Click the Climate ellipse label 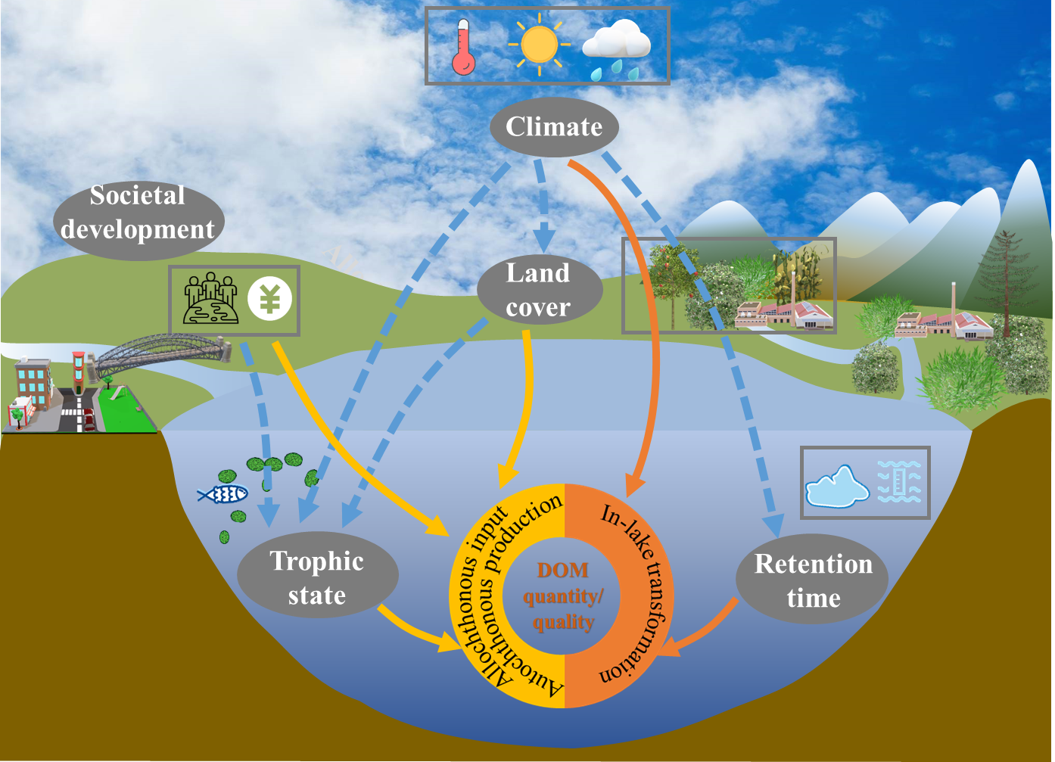[554, 127]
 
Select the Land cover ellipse [539, 290]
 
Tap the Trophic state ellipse [317, 577]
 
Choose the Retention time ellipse [813, 580]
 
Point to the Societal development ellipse [138, 213]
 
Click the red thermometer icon [462, 48]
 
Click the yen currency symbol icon [269, 300]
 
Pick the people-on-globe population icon [210, 300]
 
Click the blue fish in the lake [223, 494]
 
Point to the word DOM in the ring [562, 570]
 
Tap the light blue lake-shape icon [837, 487]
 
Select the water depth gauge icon [900, 482]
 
